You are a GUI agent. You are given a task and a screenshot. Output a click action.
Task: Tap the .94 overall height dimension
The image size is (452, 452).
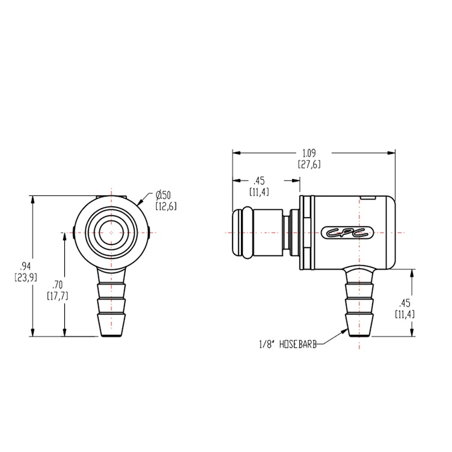[x=25, y=266]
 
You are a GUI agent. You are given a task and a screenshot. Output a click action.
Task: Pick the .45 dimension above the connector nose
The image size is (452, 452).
[x=259, y=180]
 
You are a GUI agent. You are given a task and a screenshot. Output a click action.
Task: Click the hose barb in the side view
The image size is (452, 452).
[x=358, y=304]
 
